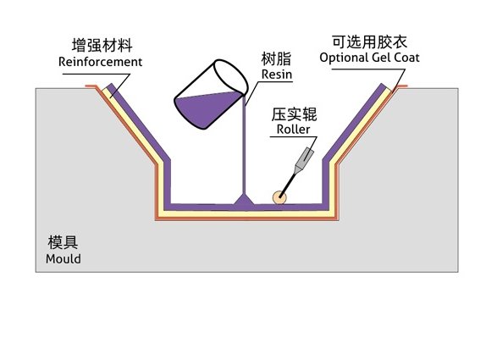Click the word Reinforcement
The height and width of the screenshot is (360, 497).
pos(100,62)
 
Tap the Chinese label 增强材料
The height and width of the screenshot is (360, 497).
pos(102,45)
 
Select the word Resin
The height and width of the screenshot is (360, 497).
pos(277,75)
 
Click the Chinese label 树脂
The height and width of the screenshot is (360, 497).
pos(276,58)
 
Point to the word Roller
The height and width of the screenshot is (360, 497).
pos(293,129)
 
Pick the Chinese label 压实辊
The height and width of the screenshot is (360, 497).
pos(294,114)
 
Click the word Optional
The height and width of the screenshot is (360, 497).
pos(343,58)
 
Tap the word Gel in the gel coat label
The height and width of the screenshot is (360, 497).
pos(381,58)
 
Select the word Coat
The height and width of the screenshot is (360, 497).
pos(406,58)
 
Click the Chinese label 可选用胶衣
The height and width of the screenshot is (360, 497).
pos(370,42)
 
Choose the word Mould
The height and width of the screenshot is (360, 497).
pos(63,259)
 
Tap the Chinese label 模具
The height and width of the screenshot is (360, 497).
pos(63,242)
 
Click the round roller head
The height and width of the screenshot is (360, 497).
pos(279,197)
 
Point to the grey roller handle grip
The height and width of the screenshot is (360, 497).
pos(305,157)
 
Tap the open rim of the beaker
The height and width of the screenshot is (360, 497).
pos(231,77)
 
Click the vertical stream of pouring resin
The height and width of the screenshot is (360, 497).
pos(244,144)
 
